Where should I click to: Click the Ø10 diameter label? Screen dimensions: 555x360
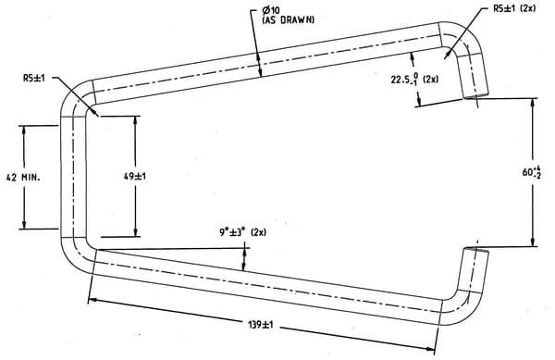(x=271, y=9)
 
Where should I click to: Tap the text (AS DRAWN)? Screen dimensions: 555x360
(x=288, y=19)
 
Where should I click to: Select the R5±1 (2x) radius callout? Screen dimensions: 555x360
(x=514, y=8)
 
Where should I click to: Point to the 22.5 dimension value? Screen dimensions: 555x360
(x=401, y=80)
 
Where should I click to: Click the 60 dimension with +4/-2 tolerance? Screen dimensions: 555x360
(x=532, y=172)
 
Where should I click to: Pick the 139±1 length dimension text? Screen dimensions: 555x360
(x=261, y=325)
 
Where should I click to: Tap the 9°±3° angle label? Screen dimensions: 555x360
(x=232, y=232)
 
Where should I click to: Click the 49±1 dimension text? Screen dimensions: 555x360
(x=135, y=176)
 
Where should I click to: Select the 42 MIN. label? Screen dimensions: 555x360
(x=23, y=177)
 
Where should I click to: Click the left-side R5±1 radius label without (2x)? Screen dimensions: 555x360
(x=34, y=78)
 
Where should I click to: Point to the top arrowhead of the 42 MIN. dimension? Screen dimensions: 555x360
(x=24, y=130)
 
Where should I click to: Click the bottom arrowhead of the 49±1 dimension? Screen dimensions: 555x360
(x=136, y=232)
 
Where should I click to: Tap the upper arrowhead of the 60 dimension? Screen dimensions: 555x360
(x=533, y=102)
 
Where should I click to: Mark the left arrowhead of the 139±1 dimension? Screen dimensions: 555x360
(x=92, y=301)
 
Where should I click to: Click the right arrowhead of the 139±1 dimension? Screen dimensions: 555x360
(x=430, y=349)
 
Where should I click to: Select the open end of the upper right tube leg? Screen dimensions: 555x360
(x=476, y=95)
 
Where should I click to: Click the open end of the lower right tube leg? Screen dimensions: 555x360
(x=476, y=250)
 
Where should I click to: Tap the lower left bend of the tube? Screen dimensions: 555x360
(x=75, y=255)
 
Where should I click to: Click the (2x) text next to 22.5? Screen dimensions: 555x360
(x=430, y=80)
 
